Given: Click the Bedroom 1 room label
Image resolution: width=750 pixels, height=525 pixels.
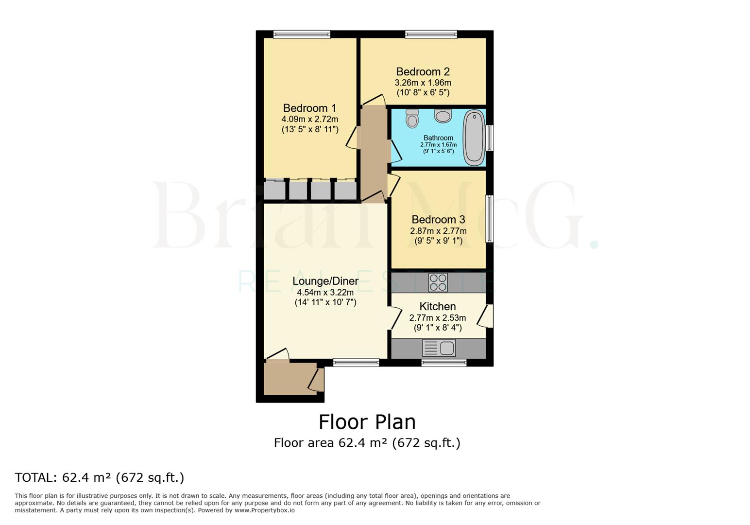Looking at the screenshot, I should (309, 108).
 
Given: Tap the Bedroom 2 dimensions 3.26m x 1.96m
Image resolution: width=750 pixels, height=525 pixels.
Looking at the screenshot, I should (423, 83).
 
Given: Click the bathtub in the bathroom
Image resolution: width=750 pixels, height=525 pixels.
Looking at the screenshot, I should (474, 138).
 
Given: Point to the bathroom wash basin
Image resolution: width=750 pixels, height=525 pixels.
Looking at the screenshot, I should (443, 116).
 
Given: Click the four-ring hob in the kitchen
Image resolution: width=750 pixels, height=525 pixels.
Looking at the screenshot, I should (438, 282).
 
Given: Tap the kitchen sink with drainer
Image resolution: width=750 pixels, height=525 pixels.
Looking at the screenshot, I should (439, 348).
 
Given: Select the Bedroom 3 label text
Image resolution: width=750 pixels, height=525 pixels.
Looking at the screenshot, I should (438, 219).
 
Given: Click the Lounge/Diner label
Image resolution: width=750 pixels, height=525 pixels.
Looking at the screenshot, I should (325, 281).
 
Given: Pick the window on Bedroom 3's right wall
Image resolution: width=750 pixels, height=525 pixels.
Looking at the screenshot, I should (490, 219).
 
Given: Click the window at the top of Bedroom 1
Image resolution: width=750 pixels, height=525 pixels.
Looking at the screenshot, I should (302, 34).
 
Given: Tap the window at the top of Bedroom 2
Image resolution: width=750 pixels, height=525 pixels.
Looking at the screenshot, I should (431, 34).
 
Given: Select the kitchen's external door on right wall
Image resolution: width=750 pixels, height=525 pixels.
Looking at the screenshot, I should (486, 316).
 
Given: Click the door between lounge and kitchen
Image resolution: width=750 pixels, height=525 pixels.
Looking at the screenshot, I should (394, 318).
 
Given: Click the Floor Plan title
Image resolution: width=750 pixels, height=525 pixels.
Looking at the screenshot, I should (367, 422).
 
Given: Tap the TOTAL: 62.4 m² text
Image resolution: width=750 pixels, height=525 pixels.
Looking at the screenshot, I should (100, 477).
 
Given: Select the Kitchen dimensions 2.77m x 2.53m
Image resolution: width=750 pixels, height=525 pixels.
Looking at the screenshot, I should (437, 318).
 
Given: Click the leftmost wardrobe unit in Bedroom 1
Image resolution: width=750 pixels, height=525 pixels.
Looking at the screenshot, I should (274, 190).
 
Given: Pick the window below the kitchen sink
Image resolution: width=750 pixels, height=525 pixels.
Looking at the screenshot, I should (443, 362).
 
